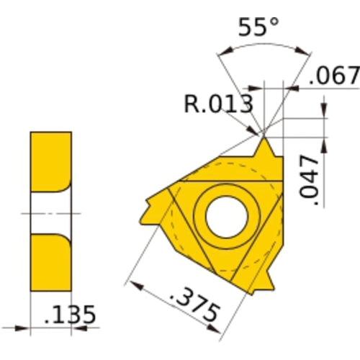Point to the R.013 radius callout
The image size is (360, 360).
217,104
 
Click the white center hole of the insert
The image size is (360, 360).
225,215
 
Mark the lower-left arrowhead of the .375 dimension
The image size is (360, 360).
132,282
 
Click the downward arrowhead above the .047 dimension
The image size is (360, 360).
323,111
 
